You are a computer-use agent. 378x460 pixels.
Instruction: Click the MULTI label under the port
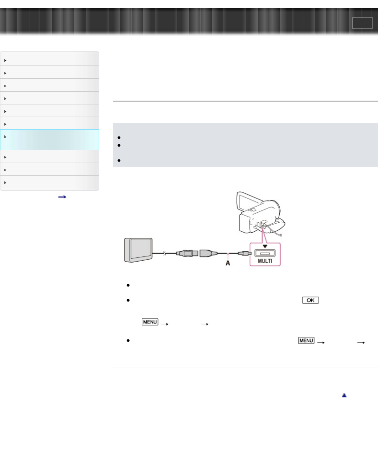coord(265,261)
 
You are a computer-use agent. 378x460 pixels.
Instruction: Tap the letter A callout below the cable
coord(228,263)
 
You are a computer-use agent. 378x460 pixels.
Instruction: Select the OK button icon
coord(310,300)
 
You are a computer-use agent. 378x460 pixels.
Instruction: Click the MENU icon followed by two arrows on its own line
coord(150,322)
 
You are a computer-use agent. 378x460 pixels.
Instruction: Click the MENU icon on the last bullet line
coord(306,341)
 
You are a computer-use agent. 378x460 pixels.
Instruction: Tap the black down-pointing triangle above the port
coord(265,246)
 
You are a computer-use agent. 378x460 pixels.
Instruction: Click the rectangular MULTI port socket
coord(265,253)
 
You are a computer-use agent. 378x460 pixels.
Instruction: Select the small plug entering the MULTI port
coord(245,253)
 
